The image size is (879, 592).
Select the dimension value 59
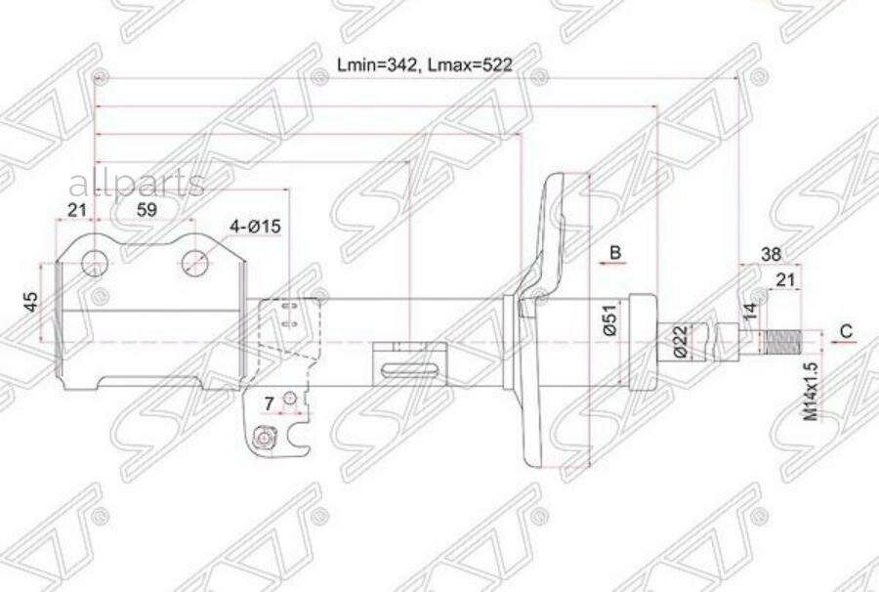[x=146, y=209]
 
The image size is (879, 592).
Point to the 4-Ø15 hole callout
[x=255, y=227]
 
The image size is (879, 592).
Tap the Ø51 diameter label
[x=607, y=322]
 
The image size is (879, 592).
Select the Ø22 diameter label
[x=678, y=340]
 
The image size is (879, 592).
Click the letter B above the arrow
[x=615, y=253]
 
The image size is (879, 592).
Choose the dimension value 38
[x=770, y=254]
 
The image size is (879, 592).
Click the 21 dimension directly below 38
[x=783, y=280]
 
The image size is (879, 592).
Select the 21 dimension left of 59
[x=76, y=209]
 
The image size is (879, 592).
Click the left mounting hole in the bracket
[x=95, y=262]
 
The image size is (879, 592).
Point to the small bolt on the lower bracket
[x=262, y=439]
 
